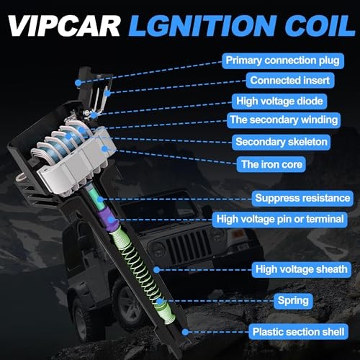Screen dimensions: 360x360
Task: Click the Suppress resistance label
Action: (302, 197)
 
